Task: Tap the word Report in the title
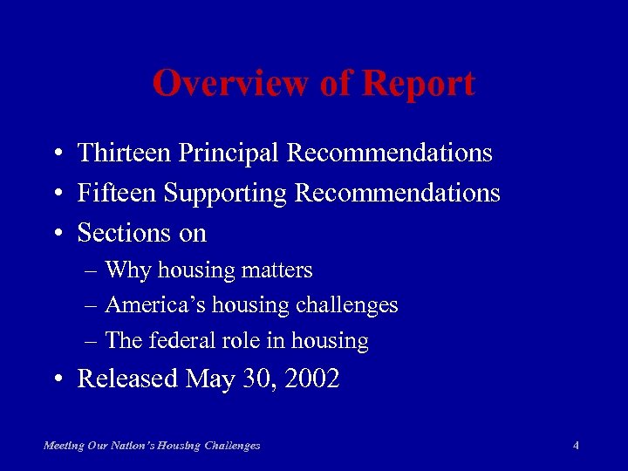[x=419, y=85]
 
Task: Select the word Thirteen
[x=124, y=154]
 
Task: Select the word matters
[x=278, y=271]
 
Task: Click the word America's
[x=148, y=305]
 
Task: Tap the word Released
[x=127, y=379]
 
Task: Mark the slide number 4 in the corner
[x=576, y=446]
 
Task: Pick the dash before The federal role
[x=92, y=341]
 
